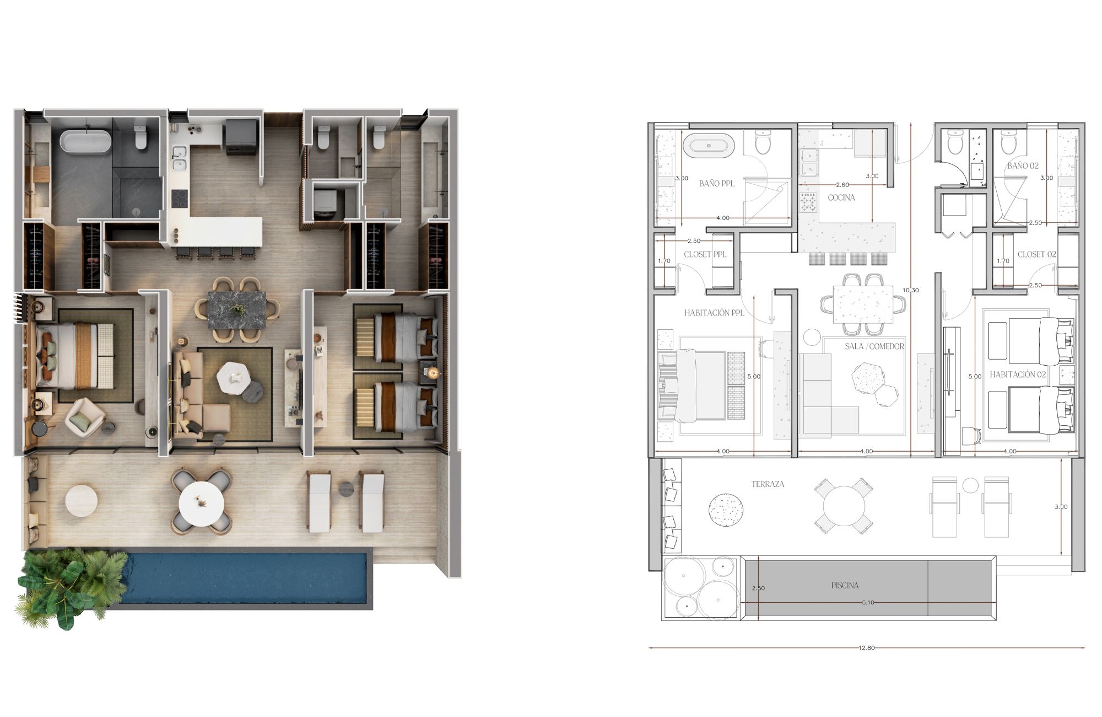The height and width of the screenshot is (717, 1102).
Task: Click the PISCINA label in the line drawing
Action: click(845, 585)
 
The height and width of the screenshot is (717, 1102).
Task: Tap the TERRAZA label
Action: click(768, 484)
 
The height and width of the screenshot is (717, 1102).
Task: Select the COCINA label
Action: click(841, 197)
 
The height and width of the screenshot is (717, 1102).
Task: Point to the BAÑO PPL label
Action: click(716, 183)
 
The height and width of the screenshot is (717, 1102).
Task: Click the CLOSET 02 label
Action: click(1036, 254)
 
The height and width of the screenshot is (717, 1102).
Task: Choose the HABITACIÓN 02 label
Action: click(1018, 374)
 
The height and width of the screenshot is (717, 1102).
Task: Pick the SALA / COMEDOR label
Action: click(874, 346)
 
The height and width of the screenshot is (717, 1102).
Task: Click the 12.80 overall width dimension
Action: click(866, 648)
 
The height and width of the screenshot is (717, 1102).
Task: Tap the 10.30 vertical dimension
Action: click(911, 290)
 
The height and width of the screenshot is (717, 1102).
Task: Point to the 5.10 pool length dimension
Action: click(867, 602)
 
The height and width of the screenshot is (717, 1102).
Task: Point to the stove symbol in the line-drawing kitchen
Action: click(808, 202)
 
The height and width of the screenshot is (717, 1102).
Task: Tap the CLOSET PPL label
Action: click(705, 254)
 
